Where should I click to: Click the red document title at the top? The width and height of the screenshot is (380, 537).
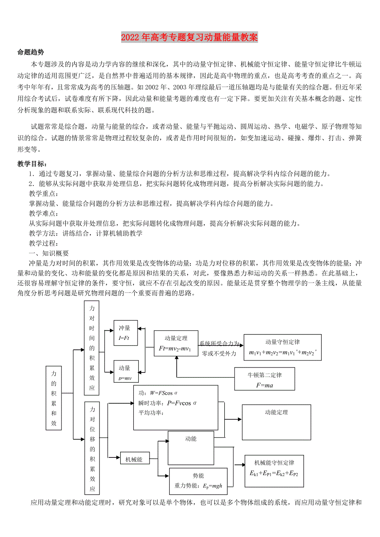coord(190,38)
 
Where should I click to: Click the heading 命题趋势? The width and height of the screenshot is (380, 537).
coord(31,52)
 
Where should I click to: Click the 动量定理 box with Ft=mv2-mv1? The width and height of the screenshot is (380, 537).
coord(176,343)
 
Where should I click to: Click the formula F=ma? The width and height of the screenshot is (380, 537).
coord(264,386)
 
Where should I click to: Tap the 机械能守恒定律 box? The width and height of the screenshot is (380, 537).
coord(274,468)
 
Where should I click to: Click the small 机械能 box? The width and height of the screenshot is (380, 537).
coord(134,459)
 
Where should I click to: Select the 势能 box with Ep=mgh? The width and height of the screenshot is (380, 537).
coord(198,481)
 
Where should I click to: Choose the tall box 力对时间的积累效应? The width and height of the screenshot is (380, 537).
coord(92,348)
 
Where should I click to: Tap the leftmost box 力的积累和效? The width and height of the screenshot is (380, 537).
coord(53,398)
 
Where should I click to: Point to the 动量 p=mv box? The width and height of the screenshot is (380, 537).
coord(126,371)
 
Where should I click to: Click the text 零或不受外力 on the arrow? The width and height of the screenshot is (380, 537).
coord(219,353)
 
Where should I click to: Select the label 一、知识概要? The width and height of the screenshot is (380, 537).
coord(48,253)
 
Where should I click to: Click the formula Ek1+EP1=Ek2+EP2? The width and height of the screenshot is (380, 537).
coord(274,474)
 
